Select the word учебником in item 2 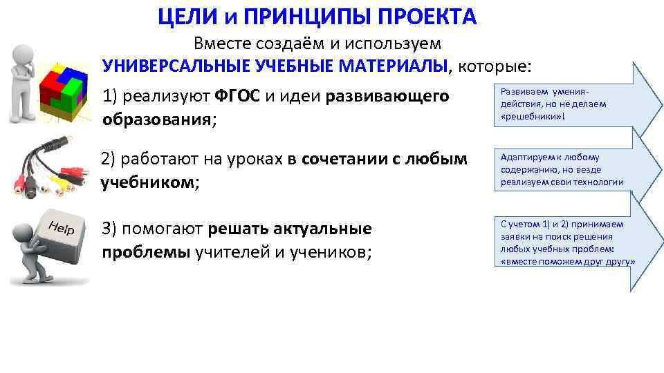click(x=145, y=183)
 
